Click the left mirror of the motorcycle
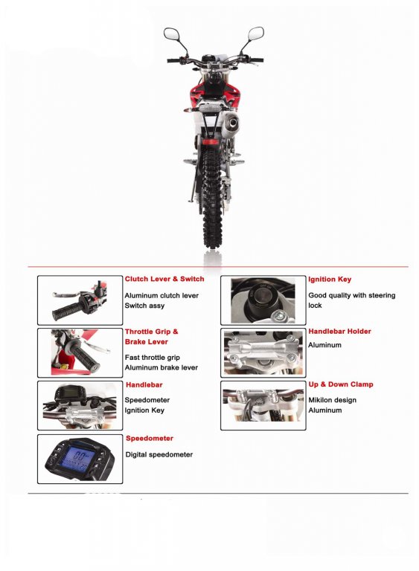click(x=170, y=34)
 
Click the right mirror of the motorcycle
click(x=255, y=34)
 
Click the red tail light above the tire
click(x=210, y=142)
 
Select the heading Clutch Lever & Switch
click(x=164, y=279)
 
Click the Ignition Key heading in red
click(x=330, y=280)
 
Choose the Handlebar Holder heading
click(x=339, y=332)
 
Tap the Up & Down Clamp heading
click(x=341, y=384)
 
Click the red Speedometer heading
click(x=150, y=438)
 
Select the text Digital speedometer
click(x=159, y=454)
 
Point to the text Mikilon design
click(x=332, y=400)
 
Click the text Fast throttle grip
click(x=153, y=358)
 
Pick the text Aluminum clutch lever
click(x=161, y=295)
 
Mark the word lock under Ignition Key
click(x=315, y=306)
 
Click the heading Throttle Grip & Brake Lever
click(x=151, y=337)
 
